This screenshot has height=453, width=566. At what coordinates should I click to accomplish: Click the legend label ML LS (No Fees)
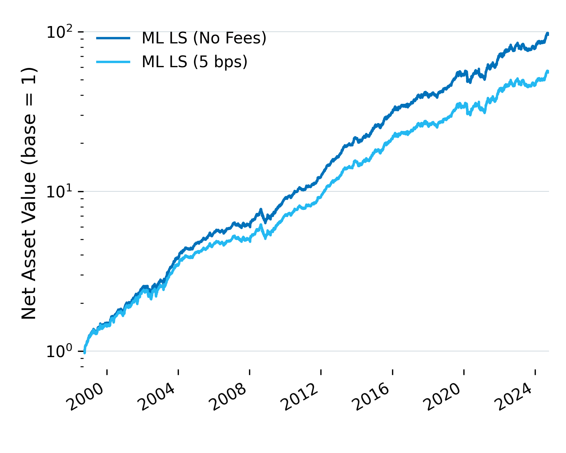click(x=204, y=38)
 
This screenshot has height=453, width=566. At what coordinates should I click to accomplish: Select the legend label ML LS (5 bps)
click(x=194, y=62)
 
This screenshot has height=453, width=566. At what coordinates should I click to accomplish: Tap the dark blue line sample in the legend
click(x=113, y=38)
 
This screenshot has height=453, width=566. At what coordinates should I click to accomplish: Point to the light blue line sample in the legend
click(x=113, y=62)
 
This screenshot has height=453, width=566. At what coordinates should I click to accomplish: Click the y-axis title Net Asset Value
click(x=29, y=193)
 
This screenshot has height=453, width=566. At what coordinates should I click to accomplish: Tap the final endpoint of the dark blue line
click(x=548, y=34)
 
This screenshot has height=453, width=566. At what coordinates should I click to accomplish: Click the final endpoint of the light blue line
click(x=548, y=71)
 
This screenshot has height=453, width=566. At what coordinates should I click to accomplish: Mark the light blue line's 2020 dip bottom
click(x=469, y=114)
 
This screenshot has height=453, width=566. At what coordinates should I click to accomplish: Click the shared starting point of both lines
click(x=84, y=352)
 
